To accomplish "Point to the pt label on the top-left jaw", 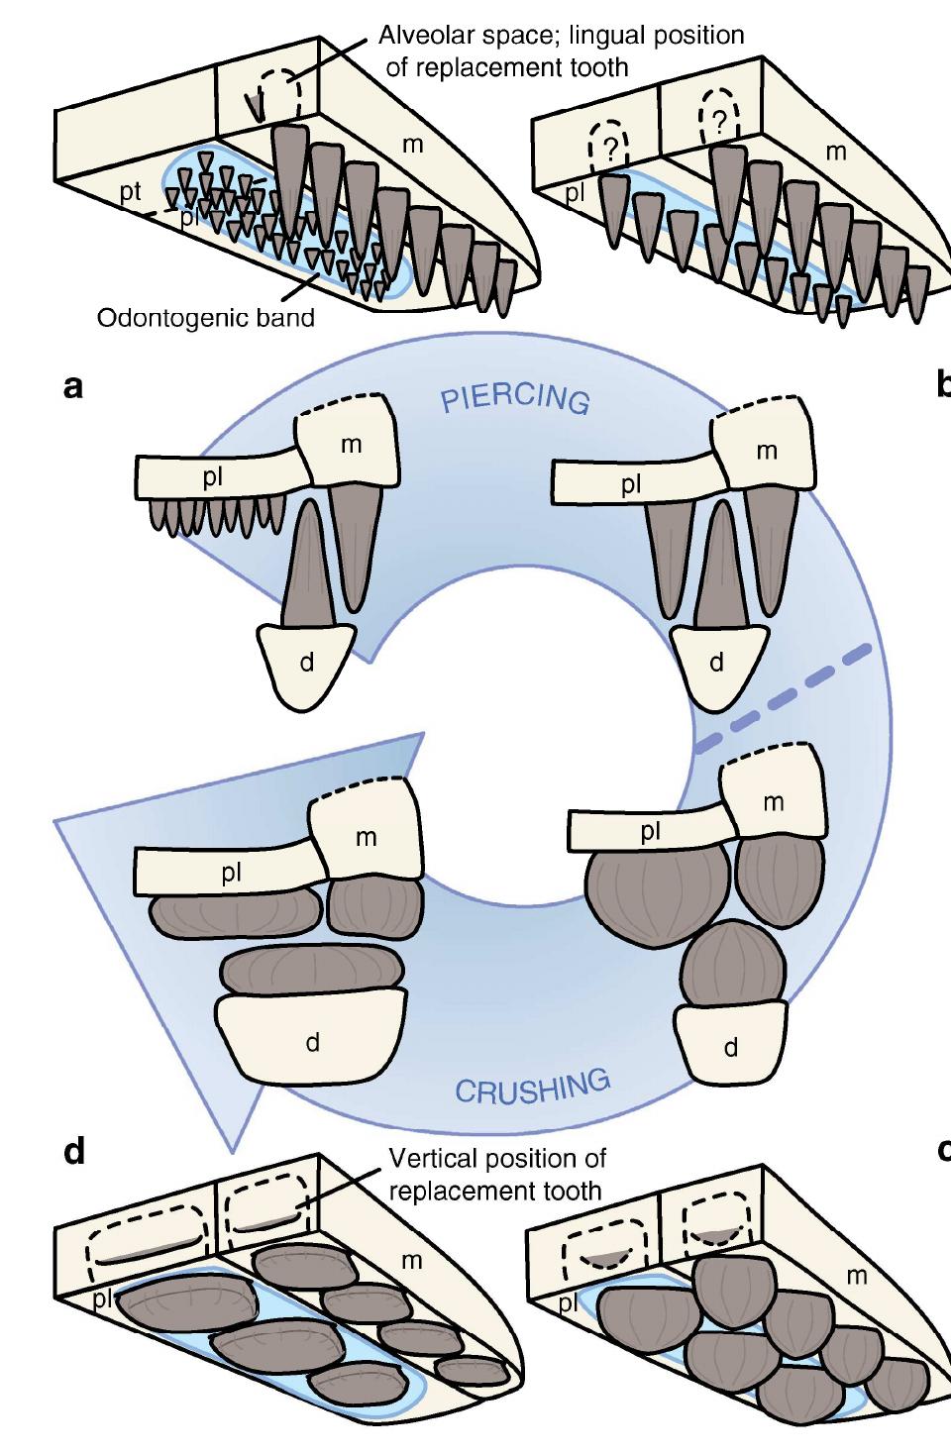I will coord(131,194).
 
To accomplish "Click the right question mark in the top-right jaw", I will coord(719,120).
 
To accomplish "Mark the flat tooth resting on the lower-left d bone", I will coord(312,970).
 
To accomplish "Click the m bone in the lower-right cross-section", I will coord(773,801).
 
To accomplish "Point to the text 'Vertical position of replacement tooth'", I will coord(496,1173).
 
